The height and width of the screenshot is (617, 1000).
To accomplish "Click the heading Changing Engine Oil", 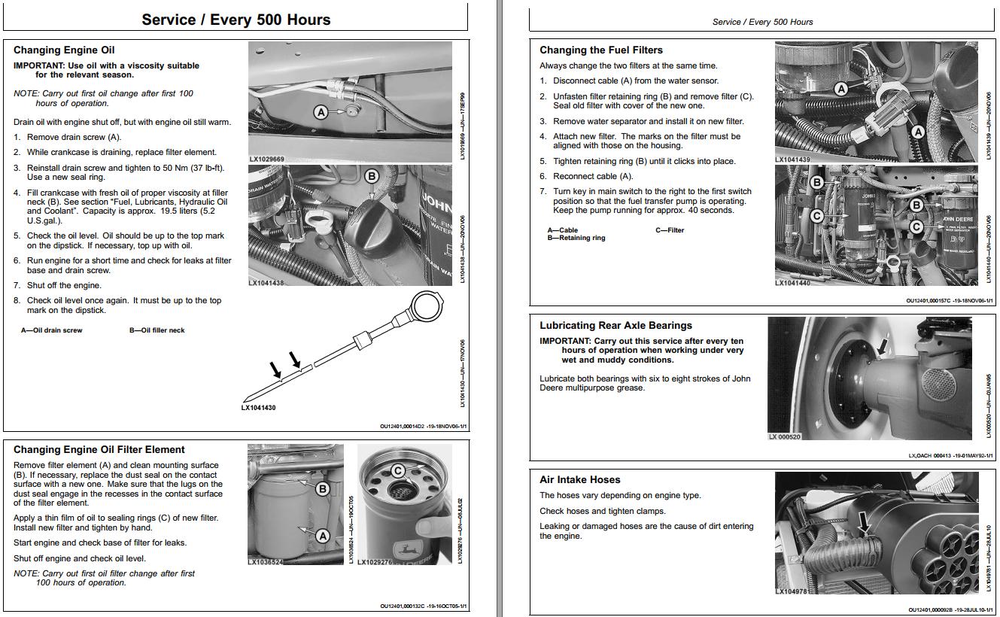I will [x=64, y=50].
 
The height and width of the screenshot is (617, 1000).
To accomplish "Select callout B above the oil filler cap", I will [x=372, y=176].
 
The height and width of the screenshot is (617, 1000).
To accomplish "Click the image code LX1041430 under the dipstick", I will [x=259, y=408].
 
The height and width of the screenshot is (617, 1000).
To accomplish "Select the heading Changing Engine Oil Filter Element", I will [x=99, y=450].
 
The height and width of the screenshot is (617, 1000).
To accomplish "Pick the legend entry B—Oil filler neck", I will [x=157, y=330].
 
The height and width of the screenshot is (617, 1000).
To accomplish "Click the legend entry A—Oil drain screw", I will [x=51, y=330].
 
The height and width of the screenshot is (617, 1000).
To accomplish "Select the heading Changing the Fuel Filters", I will [x=601, y=50].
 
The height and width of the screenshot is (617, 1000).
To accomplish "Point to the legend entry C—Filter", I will [x=670, y=230].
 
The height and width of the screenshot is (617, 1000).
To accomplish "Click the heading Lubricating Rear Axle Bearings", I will [x=616, y=326].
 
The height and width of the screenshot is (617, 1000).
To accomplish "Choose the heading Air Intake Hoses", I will [x=580, y=479].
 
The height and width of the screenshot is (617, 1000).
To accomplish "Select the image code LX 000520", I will [x=785, y=436].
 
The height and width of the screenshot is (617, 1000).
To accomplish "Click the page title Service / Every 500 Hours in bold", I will [x=236, y=20].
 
